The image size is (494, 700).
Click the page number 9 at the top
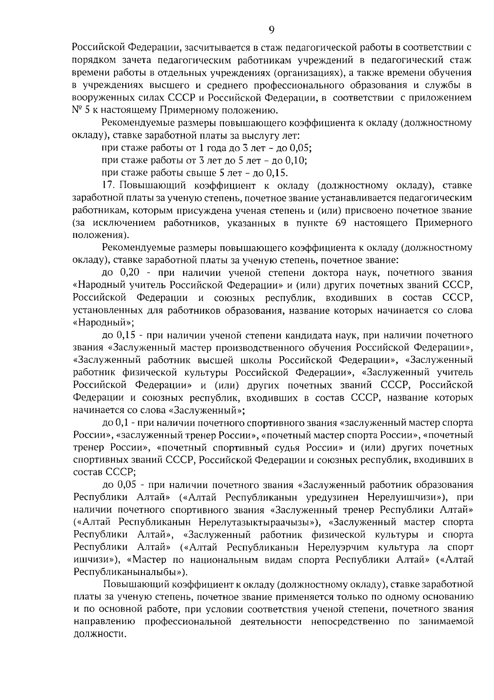click(271, 29)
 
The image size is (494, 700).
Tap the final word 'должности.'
click(99, 634)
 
